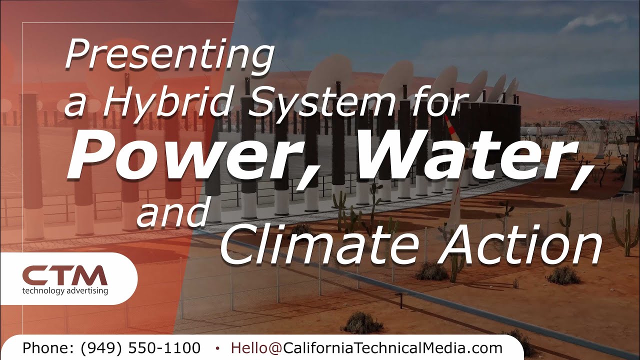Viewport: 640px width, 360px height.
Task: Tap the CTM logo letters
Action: click(x=65, y=275)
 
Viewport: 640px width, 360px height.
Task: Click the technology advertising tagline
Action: click(x=65, y=290)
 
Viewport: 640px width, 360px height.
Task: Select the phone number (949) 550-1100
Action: click(x=140, y=348)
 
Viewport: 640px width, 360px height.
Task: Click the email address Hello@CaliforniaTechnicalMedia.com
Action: click(x=366, y=348)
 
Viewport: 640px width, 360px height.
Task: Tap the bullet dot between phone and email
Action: click(x=217, y=348)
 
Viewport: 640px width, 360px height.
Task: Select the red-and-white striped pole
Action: click(x=450, y=128)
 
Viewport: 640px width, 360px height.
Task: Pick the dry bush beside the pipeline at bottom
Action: click(x=362, y=323)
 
